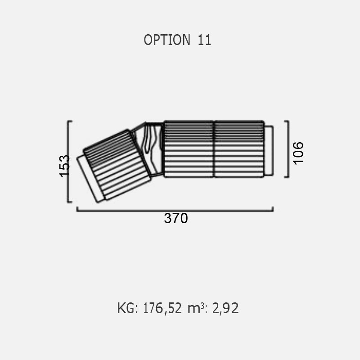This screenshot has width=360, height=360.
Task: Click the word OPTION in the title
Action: point(167,40)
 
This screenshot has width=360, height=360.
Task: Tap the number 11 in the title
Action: point(204,40)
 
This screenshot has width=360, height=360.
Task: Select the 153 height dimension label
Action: point(64,166)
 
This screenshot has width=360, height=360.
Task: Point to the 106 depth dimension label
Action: point(298,153)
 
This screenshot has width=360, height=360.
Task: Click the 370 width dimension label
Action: point(176,218)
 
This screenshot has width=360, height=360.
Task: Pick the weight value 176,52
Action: point(162,308)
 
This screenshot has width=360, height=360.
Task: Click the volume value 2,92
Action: point(225,308)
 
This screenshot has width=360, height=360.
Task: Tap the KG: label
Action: point(127,308)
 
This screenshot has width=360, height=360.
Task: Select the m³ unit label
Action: point(196,308)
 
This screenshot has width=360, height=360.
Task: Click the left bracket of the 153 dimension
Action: point(68,162)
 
